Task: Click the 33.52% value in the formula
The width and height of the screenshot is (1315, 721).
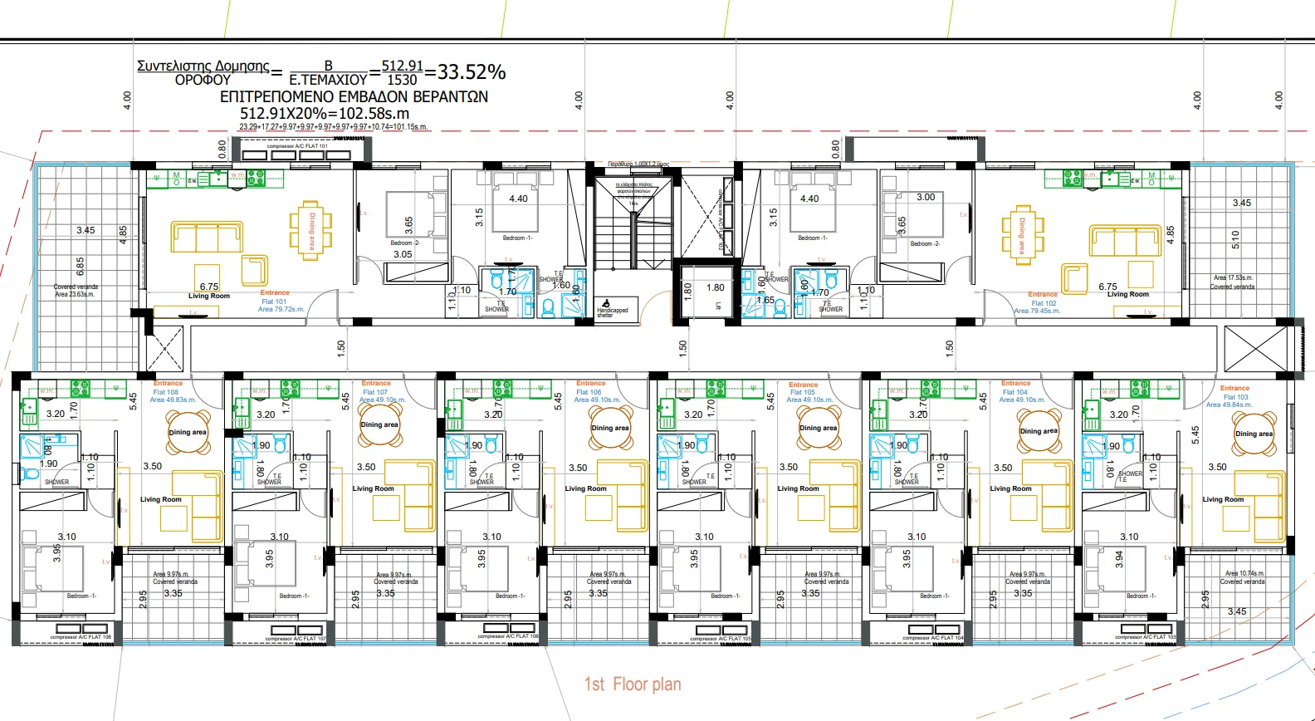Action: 472,72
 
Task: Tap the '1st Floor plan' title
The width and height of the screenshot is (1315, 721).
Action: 633,684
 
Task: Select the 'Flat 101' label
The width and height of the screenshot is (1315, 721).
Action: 274,302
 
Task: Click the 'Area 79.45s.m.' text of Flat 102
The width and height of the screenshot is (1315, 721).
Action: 1037,311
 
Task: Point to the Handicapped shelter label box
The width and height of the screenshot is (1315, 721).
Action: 616,307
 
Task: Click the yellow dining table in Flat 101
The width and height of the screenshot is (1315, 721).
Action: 310,230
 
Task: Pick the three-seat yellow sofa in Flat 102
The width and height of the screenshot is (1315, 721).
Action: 1125,241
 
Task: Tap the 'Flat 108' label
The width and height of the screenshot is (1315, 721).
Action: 166,392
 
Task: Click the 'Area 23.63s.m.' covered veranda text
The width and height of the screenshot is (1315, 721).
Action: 75,294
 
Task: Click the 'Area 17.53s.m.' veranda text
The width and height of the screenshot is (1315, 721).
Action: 1233,278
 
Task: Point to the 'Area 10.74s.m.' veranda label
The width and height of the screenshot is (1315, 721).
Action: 1244,573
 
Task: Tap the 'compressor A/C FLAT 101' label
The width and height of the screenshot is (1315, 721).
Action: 297,146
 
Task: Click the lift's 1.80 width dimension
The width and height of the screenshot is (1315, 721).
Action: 716,287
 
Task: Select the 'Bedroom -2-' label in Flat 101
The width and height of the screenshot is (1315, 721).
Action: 405,243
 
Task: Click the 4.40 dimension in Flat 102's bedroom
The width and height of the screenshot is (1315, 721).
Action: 809,199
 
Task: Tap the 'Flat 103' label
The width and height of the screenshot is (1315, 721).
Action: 1235,397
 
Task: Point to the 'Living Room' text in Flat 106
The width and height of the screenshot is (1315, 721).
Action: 585,488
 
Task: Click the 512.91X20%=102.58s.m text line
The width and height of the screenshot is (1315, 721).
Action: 325,113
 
